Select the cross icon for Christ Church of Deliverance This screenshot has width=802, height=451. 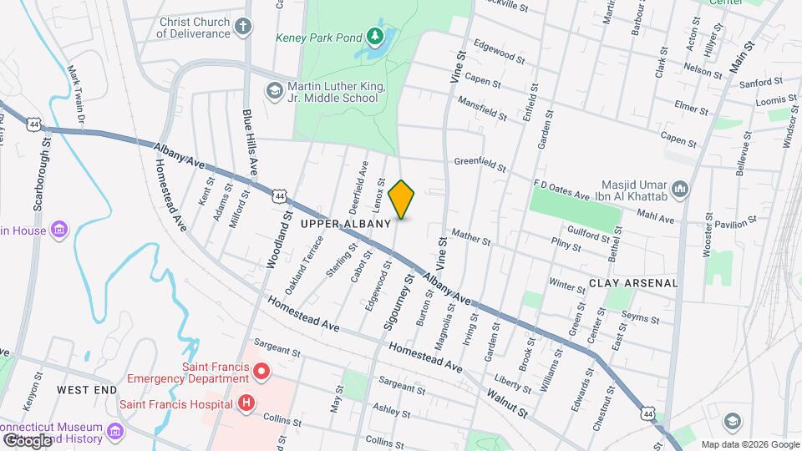pos(243,27)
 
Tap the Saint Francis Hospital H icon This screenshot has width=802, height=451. pos(246,403)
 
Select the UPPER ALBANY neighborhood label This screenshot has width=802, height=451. pos(346,224)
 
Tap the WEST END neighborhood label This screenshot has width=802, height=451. pos(87,390)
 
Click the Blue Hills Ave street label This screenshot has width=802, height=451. pos(250,140)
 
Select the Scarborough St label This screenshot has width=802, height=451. pos(38,180)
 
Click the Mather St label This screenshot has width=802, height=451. pos(471,237)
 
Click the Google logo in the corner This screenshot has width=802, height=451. pos(27,439)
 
